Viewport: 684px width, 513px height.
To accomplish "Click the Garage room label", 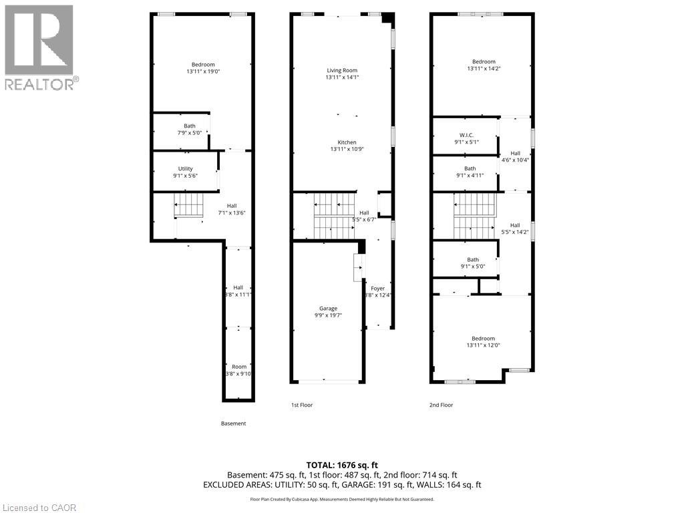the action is (x=328, y=309).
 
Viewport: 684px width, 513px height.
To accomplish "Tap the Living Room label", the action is (x=342, y=70).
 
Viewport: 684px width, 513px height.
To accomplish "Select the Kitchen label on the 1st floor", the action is (x=347, y=142).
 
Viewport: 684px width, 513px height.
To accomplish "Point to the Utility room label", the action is (x=186, y=169).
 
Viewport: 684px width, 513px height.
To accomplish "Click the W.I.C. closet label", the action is (x=466, y=135).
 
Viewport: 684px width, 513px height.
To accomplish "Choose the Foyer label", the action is (x=378, y=289).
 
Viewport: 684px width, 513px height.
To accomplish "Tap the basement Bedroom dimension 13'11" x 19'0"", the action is (x=203, y=71).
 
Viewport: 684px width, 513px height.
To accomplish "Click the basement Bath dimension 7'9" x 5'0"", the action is (x=190, y=133).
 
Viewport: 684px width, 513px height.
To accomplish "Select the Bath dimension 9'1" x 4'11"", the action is (x=470, y=176).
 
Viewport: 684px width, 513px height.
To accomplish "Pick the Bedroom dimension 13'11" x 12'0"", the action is (x=484, y=345).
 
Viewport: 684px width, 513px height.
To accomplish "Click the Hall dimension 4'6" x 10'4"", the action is (x=515, y=160).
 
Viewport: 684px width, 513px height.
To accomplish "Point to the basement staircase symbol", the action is (x=189, y=205).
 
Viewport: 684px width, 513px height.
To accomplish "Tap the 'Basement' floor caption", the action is (x=233, y=423).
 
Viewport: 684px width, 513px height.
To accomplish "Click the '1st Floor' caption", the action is (x=302, y=405).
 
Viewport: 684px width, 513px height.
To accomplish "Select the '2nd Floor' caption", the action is (x=441, y=405).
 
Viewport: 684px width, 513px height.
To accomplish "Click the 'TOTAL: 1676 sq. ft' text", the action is (x=342, y=465).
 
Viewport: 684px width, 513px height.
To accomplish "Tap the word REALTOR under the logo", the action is (x=39, y=84).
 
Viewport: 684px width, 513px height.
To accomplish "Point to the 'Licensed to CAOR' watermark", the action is (x=39, y=508).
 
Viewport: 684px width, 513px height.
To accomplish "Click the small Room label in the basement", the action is (x=239, y=367).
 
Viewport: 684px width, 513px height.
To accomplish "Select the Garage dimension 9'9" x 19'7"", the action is (x=328, y=315).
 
